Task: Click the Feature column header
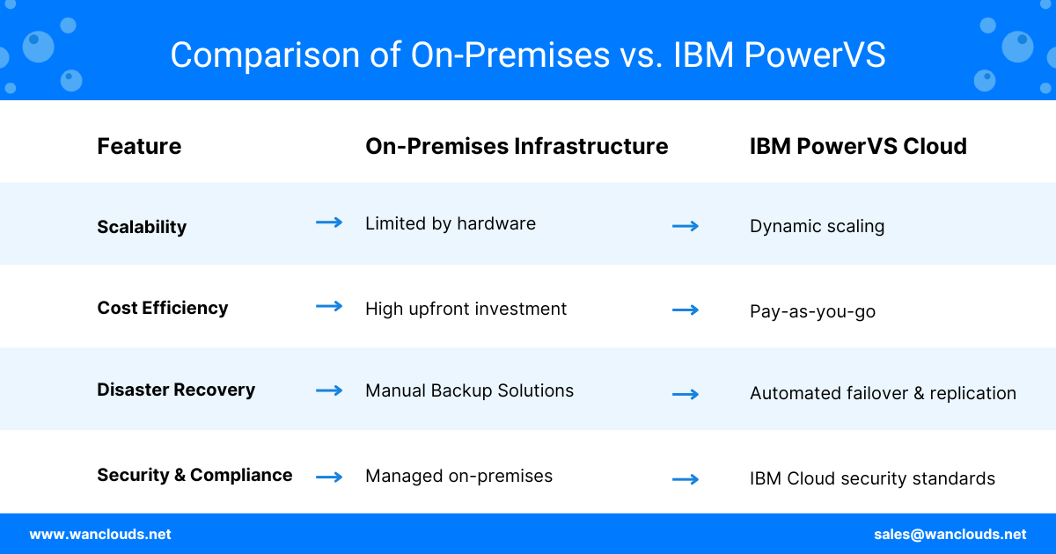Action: point(139,146)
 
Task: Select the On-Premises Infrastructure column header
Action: point(517,146)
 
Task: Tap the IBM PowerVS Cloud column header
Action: point(858,146)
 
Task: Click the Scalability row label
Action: point(142,227)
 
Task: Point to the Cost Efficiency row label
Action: point(163,308)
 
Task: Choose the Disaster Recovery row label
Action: point(176,390)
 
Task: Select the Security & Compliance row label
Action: point(194,475)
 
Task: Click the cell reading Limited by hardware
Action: point(451,223)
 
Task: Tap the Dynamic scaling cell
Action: point(817,227)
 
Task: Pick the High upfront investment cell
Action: point(466,309)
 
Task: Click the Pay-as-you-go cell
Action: point(813,311)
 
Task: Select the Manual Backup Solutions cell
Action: point(470,390)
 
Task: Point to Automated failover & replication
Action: point(883,393)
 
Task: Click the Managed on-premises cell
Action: point(458,477)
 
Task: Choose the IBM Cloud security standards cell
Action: point(872,478)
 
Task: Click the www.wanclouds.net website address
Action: point(100,535)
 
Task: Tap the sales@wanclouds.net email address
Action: point(950,535)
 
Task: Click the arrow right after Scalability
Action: point(329,222)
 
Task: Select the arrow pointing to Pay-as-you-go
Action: point(686,310)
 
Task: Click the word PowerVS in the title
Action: point(815,55)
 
